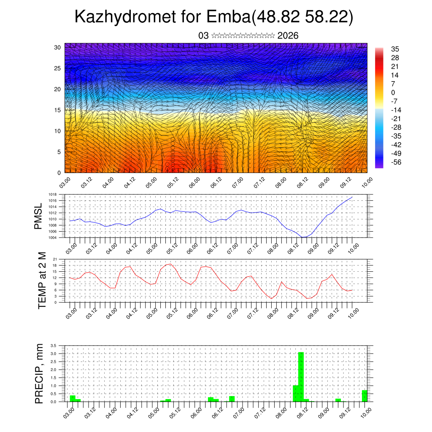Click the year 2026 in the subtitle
pyautogui.click(x=288, y=36)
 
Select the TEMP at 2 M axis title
pyautogui.click(x=42, y=281)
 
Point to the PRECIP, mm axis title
pyautogui.click(x=39, y=373)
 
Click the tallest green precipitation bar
pyautogui.click(x=301, y=376)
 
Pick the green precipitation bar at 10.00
pyautogui.click(x=364, y=396)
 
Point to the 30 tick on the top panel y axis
pyautogui.click(x=57, y=47)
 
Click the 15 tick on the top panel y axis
pyautogui.click(x=57, y=110)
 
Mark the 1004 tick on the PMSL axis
pyautogui.click(x=53, y=238)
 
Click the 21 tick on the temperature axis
pyautogui.click(x=55, y=259)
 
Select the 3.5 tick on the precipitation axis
pyautogui.click(x=54, y=346)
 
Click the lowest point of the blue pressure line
pyautogui.click(x=303, y=237)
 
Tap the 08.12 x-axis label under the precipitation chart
pyautogui.click(x=302, y=412)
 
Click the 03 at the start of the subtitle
pyautogui.click(x=203, y=36)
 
